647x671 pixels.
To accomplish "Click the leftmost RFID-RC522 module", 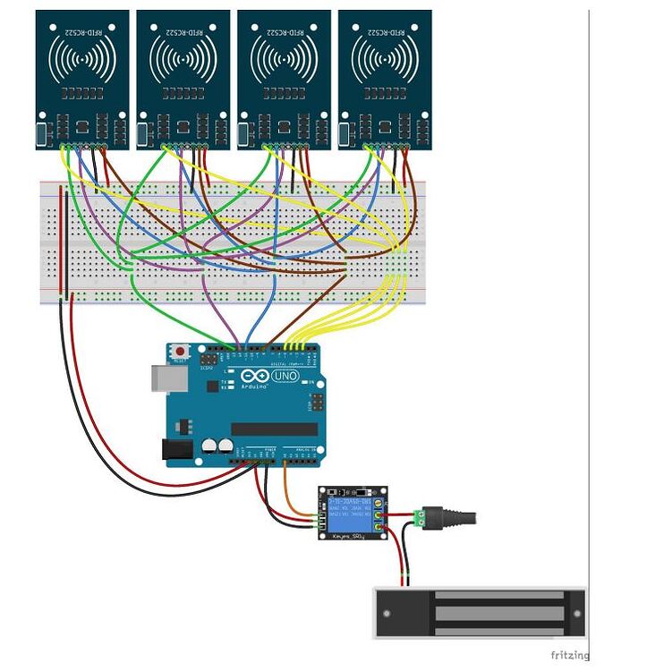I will click(82, 79).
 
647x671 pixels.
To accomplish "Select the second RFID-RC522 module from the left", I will click(183, 79).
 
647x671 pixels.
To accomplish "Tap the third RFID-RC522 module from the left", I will click(284, 79).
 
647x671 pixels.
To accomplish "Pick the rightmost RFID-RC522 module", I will click(385, 79).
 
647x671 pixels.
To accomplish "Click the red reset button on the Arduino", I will click(182, 352).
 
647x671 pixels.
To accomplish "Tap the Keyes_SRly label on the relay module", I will click(346, 537).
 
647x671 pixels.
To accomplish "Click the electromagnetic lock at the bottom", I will click(480, 614).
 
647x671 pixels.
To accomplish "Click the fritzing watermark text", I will click(569, 656).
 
